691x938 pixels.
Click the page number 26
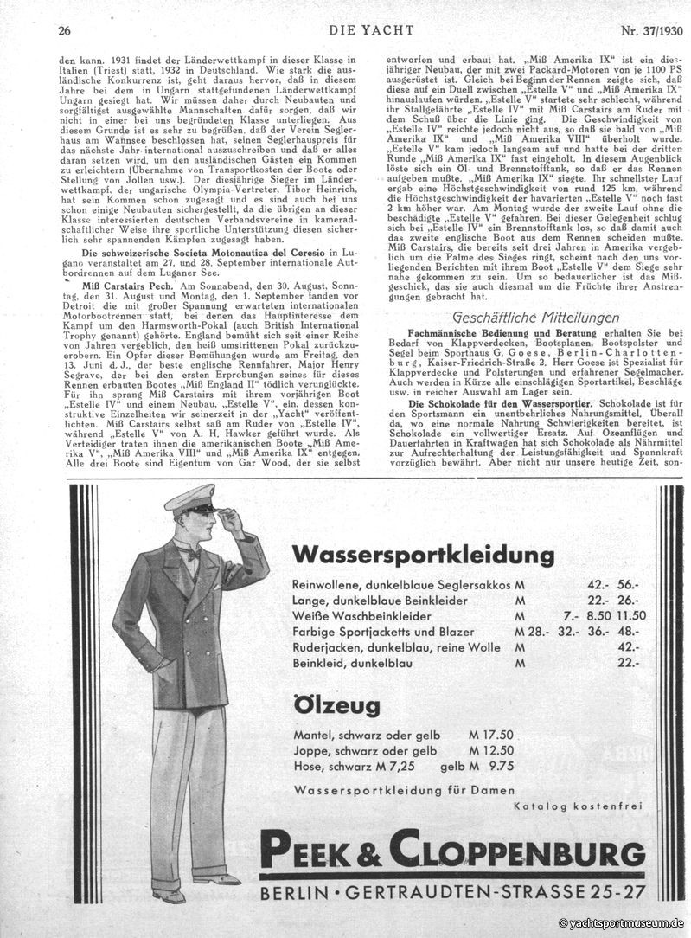(64, 32)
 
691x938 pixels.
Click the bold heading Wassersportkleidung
(423, 554)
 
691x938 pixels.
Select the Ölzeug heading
(336, 705)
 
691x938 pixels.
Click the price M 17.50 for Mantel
(491, 734)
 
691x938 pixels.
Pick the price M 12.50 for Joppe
(491, 750)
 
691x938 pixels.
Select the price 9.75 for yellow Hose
(501, 766)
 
